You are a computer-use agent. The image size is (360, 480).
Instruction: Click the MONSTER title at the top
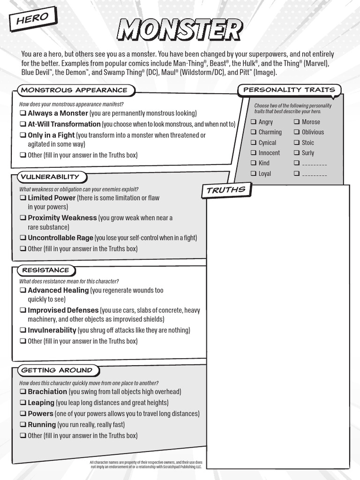[x=180, y=31]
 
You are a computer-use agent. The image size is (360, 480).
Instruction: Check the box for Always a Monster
[x=22, y=113]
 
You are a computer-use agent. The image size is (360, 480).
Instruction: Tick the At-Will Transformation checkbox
[x=22, y=124]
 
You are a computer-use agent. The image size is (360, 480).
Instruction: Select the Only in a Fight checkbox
[x=22, y=135]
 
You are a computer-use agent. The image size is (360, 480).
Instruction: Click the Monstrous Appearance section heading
[x=74, y=90]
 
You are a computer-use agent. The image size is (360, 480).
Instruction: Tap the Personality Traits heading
[x=289, y=90]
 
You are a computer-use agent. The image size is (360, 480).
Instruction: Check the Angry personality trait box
[x=253, y=122]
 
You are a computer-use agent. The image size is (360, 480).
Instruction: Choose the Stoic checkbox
[x=296, y=142]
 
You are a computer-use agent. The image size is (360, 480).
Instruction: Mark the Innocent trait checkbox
[x=253, y=153]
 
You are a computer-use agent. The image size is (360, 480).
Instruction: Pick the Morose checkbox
[x=296, y=122]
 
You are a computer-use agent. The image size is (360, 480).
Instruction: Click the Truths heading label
[x=226, y=190]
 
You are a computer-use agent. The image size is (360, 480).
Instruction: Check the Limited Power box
[x=22, y=198]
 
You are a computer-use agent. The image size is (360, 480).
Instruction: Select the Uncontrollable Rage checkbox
[x=22, y=238]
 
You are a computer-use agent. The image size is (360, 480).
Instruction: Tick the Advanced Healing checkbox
[x=22, y=291]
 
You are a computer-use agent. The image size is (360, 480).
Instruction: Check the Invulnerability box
[x=22, y=330]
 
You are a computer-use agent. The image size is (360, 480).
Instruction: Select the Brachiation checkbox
[x=22, y=392]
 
